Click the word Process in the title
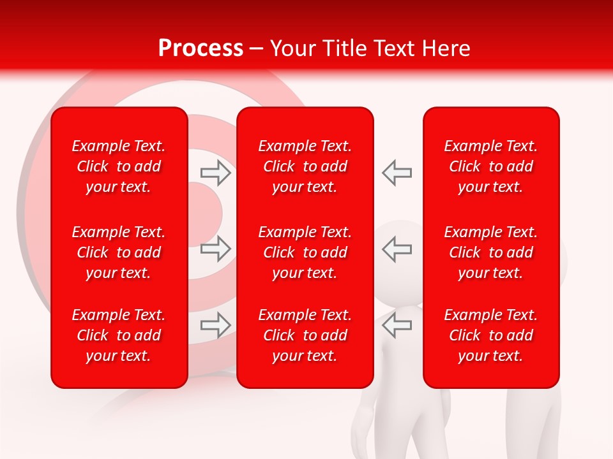[201, 48]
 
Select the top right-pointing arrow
[215, 172]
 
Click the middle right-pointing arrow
[215, 248]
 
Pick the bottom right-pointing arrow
[215, 325]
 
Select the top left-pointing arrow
[397, 172]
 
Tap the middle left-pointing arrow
[397, 248]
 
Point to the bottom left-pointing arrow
[397, 325]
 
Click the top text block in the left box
[119, 166]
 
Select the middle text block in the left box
[119, 252]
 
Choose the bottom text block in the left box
[119, 335]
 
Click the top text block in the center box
[305, 166]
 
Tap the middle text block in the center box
[305, 252]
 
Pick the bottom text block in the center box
[305, 335]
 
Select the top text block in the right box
[491, 166]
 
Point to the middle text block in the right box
[491, 252]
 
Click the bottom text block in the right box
[491, 335]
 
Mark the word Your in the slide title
[291, 48]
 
